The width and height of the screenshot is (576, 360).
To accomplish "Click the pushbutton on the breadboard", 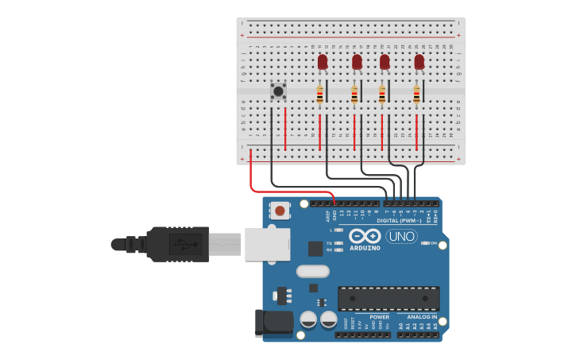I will click(x=278, y=91).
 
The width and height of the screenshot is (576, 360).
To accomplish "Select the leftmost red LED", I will click(x=323, y=62).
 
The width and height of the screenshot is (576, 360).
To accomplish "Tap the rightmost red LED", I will click(x=419, y=62).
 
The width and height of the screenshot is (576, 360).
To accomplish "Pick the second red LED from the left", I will click(x=357, y=62).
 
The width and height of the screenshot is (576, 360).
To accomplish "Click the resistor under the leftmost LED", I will click(x=320, y=95).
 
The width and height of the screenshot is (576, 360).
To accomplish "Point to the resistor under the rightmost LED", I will click(x=416, y=95).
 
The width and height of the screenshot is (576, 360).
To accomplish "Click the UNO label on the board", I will click(x=401, y=236).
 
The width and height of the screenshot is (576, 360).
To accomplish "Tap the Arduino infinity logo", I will click(x=365, y=236).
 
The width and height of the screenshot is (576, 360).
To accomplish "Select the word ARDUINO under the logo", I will click(x=365, y=248).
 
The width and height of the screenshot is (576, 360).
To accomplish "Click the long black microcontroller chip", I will click(x=389, y=299).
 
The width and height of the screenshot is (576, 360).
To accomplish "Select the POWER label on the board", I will click(x=379, y=317).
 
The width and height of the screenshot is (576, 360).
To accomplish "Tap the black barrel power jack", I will click(x=271, y=322).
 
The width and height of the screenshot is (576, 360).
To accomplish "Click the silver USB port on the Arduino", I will click(x=267, y=244).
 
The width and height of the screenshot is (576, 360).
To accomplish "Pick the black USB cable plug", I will click(x=179, y=244).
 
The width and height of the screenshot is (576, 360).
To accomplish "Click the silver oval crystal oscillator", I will click(x=312, y=271).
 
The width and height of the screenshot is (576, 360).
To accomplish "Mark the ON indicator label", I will click(x=434, y=243).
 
